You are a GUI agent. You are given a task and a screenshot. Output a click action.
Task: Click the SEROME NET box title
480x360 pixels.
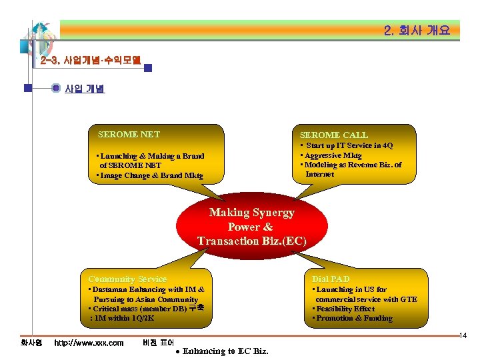tap(129, 134)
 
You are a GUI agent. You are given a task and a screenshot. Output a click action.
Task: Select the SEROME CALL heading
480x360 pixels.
tap(333, 135)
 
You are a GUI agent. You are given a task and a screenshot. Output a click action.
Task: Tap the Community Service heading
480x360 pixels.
tap(127, 279)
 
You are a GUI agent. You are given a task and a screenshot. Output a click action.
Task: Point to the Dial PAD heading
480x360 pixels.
tap(331, 279)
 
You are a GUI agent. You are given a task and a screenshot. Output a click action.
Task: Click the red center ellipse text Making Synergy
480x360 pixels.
tap(251, 213)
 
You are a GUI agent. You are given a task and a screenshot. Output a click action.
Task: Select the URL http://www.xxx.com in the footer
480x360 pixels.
tap(89, 343)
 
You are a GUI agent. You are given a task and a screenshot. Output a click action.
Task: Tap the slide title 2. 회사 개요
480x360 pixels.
tap(417, 30)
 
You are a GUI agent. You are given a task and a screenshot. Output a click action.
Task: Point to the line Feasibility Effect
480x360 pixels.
tap(345, 309)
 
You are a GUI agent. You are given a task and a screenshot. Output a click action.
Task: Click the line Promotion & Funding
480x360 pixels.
tap(353, 318)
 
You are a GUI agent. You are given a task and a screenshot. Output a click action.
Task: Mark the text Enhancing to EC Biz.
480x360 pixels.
tap(225, 351)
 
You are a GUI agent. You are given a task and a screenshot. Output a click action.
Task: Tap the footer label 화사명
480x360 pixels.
tap(31, 343)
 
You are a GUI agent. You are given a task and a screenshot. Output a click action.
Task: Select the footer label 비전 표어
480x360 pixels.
tap(158, 343)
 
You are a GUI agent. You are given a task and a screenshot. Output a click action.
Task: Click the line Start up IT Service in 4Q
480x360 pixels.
tap(348, 145)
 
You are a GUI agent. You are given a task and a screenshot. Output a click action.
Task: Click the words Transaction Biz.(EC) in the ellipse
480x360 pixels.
tap(251, 241)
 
